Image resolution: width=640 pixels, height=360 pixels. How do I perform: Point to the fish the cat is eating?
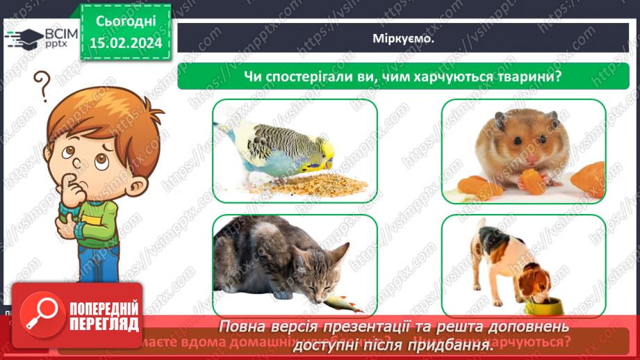(340, 302)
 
